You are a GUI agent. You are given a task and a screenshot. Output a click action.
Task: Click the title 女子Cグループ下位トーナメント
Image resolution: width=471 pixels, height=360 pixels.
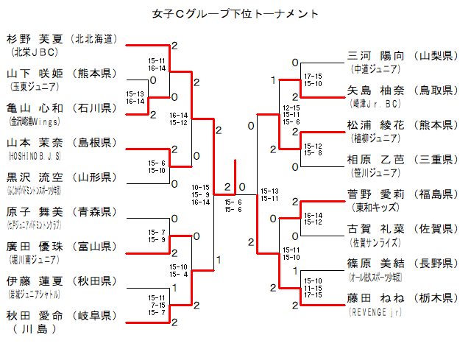pos(235,13)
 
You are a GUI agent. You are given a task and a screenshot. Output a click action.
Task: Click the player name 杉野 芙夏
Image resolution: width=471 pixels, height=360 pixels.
pos(35,39)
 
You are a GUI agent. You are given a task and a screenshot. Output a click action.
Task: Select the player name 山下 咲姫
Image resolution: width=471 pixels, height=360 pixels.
pos(35,74)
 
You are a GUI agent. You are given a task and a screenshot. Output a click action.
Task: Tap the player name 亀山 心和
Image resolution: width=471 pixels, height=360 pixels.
pos(35,108)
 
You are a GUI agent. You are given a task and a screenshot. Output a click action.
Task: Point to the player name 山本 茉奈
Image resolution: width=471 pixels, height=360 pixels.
pos(35,143)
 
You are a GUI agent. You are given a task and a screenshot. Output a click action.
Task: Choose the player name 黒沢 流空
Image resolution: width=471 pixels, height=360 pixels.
pos(35,177)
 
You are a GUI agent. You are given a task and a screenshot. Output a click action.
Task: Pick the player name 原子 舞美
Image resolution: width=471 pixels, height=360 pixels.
pos(35,212)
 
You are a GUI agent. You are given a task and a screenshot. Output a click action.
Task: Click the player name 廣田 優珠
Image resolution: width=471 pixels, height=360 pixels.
pos(35,247)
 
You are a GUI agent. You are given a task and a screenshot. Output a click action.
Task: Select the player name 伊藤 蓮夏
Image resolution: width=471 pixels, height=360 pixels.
pos(35,281)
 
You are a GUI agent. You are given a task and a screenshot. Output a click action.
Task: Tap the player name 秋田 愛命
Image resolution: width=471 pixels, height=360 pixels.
pos(35,316)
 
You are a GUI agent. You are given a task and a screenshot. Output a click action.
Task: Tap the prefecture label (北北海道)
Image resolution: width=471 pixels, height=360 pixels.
pos(93,39)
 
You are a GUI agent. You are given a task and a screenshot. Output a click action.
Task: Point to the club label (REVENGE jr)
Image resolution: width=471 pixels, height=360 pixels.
pos(375,311)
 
